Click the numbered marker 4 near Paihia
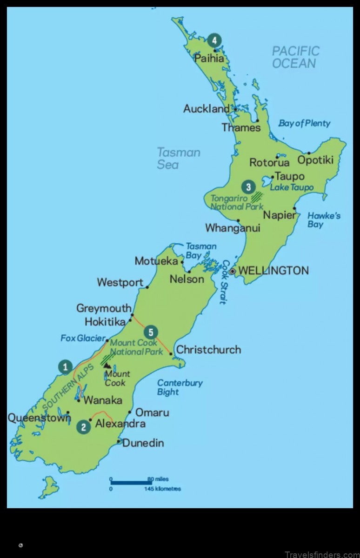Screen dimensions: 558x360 click(214, 40)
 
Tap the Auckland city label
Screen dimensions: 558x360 click(207, 109)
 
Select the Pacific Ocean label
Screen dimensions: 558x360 click(296, 57)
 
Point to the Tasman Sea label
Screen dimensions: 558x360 click(178, 158)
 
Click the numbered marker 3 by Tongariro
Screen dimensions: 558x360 click(248, 187)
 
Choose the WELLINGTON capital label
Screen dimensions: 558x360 click(273, 271)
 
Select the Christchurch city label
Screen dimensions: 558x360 click(208, 349)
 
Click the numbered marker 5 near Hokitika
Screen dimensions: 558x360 click(150, 332)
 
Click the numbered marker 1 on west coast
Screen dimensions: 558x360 click(65, 367)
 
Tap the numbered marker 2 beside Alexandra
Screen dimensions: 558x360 click(84, 426)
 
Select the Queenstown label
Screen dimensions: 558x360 click(39, 418)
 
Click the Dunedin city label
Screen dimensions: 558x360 click(143, 443)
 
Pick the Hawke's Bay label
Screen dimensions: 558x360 click(324, 220)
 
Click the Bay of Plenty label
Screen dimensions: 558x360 click(304, 123)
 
